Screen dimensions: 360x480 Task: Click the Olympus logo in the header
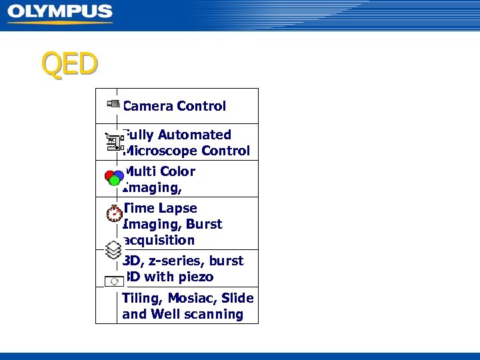click(60, 13)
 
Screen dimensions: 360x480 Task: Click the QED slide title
click(69, 64)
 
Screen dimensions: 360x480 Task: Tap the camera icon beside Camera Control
click(113, 104)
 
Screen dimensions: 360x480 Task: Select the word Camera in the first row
click(147, 106)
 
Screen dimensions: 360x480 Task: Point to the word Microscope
click(160, 151)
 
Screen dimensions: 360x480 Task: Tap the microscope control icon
click(114, 142)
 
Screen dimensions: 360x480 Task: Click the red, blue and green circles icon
click(114, 177)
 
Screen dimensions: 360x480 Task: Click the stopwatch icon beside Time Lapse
click(114, 213)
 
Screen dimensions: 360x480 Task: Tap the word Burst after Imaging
click(205, 224)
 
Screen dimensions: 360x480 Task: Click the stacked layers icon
click(114, 251)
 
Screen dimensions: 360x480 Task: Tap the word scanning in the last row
click(214, 314)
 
